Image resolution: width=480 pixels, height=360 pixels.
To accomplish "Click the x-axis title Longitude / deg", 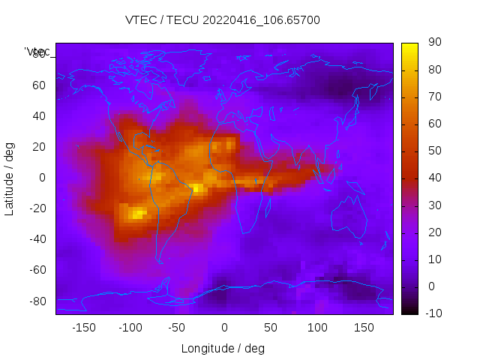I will coord(223,349).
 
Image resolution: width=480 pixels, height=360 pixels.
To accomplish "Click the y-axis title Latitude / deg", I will coord(10,177).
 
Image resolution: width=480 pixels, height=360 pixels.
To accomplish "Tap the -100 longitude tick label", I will coord(130,328).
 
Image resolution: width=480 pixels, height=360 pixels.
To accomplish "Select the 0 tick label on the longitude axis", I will coord(223,328).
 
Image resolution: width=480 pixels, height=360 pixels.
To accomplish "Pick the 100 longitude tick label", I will coord(317,328).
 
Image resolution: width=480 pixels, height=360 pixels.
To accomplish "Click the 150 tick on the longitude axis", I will coord(364,328).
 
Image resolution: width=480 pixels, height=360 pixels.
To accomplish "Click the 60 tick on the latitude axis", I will coord(40,85).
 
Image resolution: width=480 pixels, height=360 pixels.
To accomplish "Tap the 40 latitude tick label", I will coord(40,115).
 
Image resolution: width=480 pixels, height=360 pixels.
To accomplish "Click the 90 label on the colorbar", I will coord(434,43).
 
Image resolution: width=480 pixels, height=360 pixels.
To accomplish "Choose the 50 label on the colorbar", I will coord(434,151).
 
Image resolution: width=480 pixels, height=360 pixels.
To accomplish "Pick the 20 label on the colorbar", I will coord(434,232).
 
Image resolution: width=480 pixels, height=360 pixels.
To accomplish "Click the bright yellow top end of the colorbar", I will coord(409,46).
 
